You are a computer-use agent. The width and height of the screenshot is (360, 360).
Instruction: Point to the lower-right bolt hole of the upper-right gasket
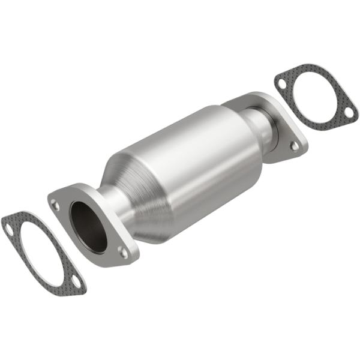[x=347, y=111]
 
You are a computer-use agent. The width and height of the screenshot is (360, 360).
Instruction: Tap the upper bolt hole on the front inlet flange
[x=56, y=205]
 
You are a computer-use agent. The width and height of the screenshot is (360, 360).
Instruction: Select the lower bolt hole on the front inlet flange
[x=123, y=251]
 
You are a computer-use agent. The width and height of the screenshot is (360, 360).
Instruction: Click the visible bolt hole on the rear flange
[x=294, y=146]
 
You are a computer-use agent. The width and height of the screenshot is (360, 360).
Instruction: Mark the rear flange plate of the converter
[x=282, y=129]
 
